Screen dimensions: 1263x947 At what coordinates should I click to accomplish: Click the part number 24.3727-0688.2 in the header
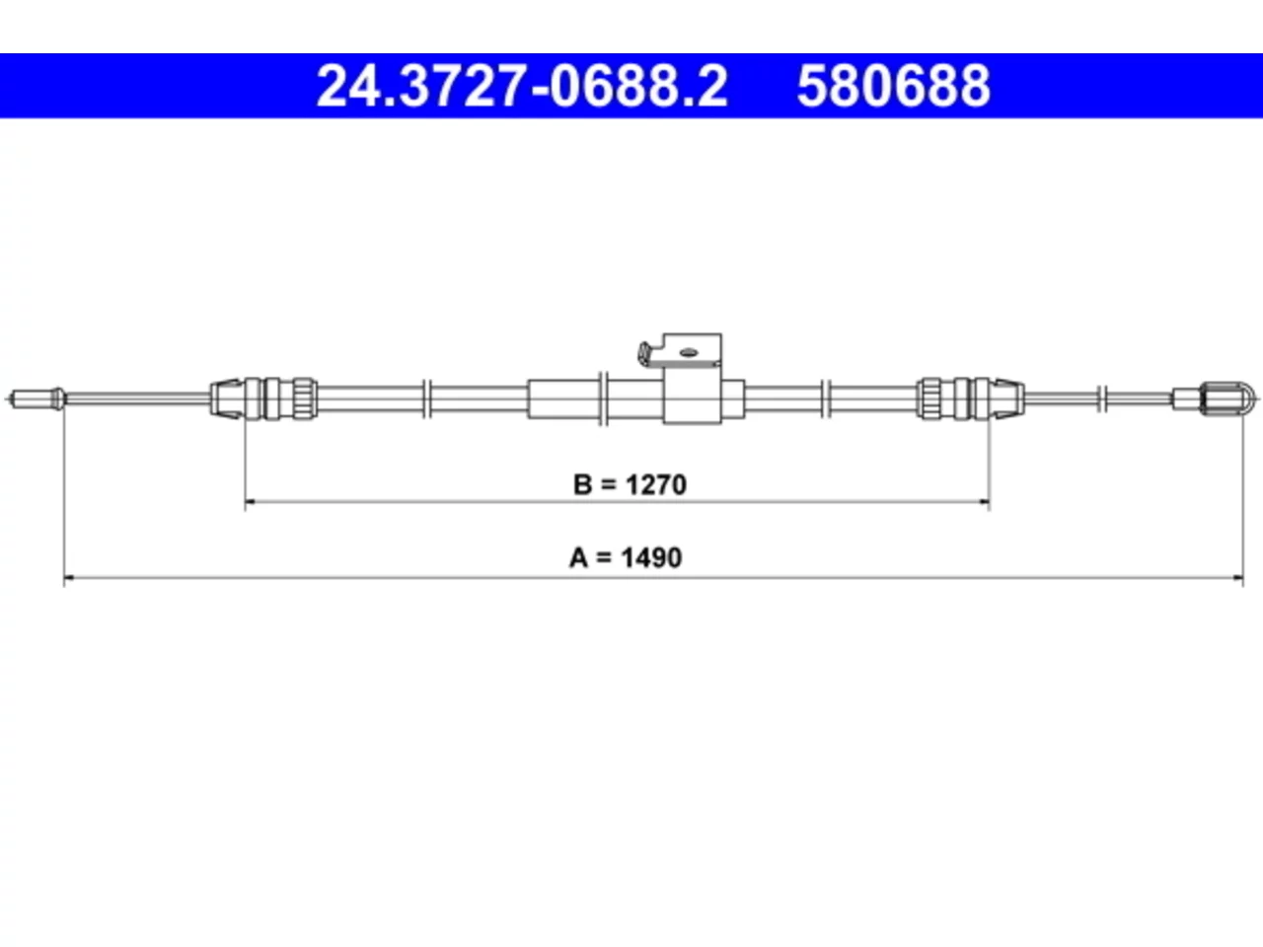pyautogui.click(x=522, y=86)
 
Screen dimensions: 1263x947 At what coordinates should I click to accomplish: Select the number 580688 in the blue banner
pyautogui.click(x=894, y=86)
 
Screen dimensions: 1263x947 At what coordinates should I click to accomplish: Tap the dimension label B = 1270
pyautogui.click(x=631, y=484)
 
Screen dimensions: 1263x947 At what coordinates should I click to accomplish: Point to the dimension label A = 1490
pyautogui.click(x=626, y=557)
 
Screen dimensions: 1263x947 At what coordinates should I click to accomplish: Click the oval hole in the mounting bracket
pyautogui.click(x=689, y=352)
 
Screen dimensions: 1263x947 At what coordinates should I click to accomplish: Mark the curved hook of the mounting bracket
pyautogui.click(x=646, y=354)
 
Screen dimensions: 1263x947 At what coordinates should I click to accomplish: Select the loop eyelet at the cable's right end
pyautogui.click(x=1247, y=398)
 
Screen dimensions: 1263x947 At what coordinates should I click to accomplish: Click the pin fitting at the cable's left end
pyautogui.click(x=36, y=399)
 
